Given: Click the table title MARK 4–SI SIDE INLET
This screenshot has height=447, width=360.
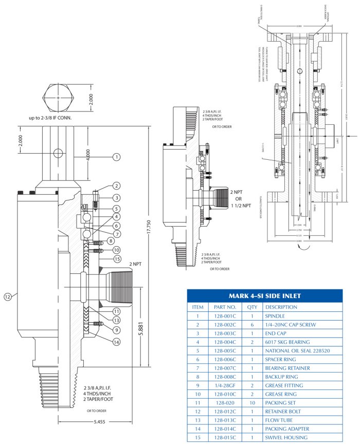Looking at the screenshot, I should (264, 296).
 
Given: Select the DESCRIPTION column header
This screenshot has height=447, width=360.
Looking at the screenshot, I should (282, 307).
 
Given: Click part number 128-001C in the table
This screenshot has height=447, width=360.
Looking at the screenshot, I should (225, 316).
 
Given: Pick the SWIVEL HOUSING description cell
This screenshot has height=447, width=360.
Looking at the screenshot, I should (286, 437).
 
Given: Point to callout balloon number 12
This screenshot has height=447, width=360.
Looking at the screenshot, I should (8, 296).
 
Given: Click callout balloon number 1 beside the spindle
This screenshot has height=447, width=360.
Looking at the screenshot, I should (117, 156).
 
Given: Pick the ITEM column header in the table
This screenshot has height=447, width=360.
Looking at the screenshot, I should (197, 307).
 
